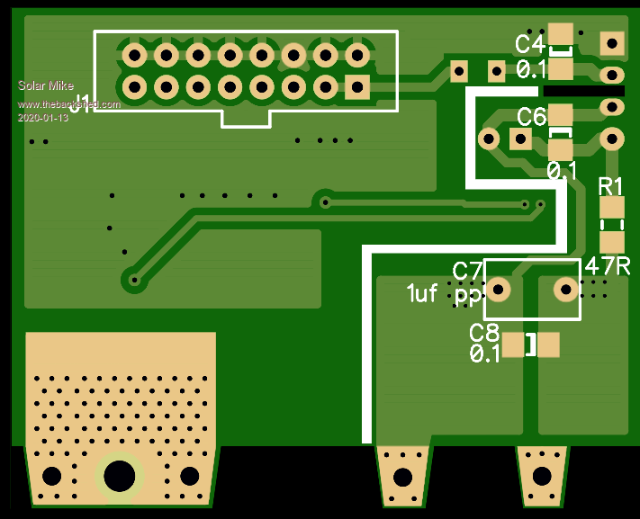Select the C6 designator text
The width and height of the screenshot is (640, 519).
(531, 116)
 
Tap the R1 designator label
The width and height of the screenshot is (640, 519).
(611, 186)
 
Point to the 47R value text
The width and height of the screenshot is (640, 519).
(607, 266)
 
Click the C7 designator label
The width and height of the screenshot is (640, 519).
(467, 271)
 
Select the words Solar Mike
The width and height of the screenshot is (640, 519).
(46, 86)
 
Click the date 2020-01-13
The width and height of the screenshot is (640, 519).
(42, 118)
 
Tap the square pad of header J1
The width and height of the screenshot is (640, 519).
(357, 87)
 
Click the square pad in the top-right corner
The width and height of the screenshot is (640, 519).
(612, 42)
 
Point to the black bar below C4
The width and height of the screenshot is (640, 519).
(583, 92)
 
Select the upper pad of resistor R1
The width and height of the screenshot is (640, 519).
(612, 209)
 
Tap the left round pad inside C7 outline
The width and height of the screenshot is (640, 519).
(500, 289)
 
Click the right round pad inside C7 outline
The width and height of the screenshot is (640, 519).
(565, 289)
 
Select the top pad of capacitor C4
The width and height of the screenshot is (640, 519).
(561, 36)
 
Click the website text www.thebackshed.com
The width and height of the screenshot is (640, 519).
(69, 105)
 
